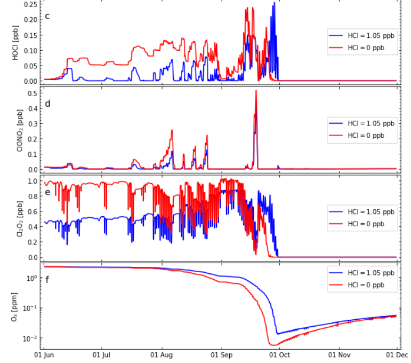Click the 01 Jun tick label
pyautogui.click(x=44, y=355)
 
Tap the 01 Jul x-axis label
pyautogui.click(x=102, y=355)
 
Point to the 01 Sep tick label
pyautogui.click(x=221, y=355)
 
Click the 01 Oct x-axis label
pyautogui.click(x=279, y=355)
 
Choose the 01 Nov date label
pyautogui.click(x=339, y=355)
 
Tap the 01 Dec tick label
pyautogui.click(x=397, y=355)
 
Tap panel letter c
pyautogui.click(x=47, y=15)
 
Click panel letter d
pyautogui.click(x=47, y=103)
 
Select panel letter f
pyautogui.click(x=47, y=279)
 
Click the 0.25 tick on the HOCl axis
pyautogui.click(x=30, y=4)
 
